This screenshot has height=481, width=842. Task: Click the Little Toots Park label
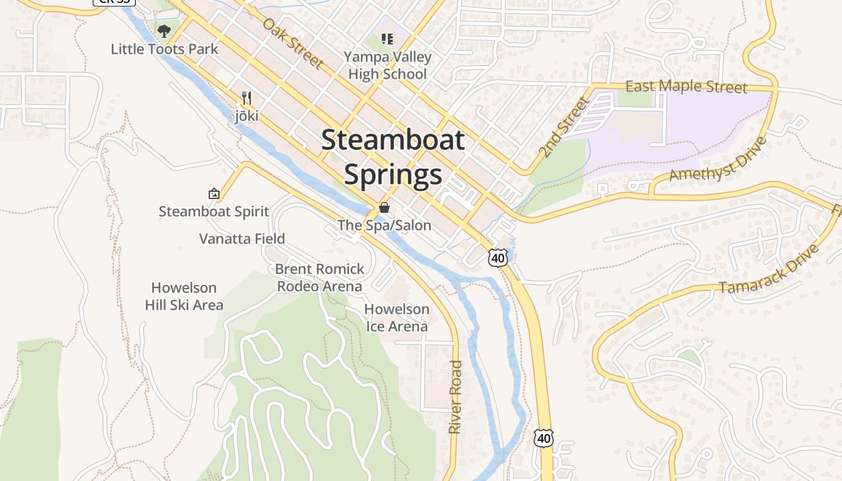pyautogui.click(x=164, y=49)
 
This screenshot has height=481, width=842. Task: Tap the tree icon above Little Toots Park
pyautogui.click(x=164, y=31)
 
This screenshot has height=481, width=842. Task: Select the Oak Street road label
pyautogui.click(x=293, y=43)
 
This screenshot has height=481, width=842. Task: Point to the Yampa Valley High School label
pyautogui.click(x=387, y=66)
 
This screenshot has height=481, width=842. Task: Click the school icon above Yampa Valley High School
pyautogui.click(x=387, y=40)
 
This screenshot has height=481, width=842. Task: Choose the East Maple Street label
pyautogui.click(x=686, y=87)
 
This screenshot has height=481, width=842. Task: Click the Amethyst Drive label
pyautogui.click(x=718, y=159)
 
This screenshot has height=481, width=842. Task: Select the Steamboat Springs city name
pyautogui.click(x=393, y=157)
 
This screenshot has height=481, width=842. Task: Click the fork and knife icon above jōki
pyautogui.click(x=246, y=97)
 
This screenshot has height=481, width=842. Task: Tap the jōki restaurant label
pyautogui.click(x=247, y=115)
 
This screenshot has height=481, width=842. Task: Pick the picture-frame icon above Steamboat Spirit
pyautogui.click(x=214, y=194)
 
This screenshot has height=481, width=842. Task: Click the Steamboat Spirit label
pyautogui.click(x=214, y=212)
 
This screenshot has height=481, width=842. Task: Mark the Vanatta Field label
pyautogui.click(x=242, y=239)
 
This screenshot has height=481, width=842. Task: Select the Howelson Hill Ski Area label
pyautogui.click(x=184, y=296)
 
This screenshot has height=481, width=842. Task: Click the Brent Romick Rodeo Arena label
pyautogui.click(x=319, y=277)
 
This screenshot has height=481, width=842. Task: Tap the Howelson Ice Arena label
pyautogui.click(x=397, y=318)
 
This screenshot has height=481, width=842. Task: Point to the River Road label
pyautogui.click(x=455, y=397)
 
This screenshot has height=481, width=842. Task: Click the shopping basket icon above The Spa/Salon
pyautogui.click(x=384, y=208)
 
